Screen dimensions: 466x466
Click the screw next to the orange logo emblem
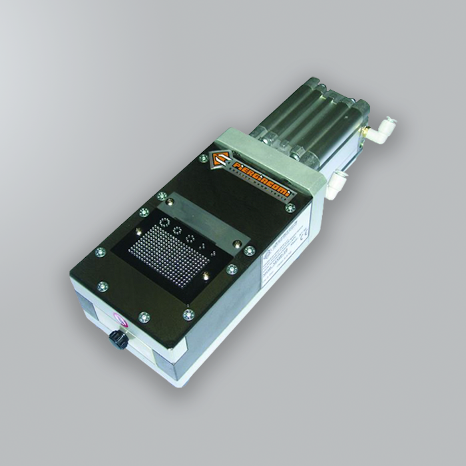203,158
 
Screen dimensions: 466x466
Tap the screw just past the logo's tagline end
290,208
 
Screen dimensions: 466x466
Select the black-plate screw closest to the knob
144,317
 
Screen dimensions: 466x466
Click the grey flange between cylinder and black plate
266,146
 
